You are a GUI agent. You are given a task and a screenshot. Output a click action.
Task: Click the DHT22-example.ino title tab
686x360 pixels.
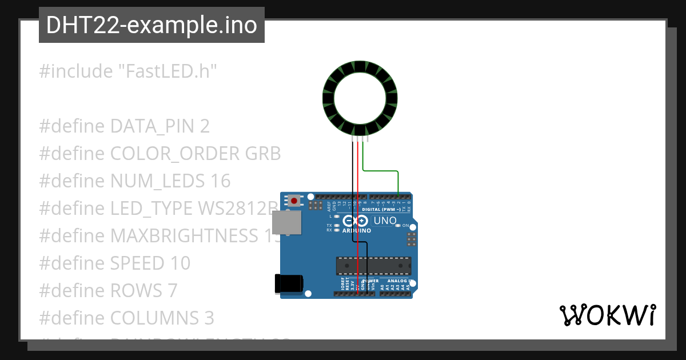point(151,25)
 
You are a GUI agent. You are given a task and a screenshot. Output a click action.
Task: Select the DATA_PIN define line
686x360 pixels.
point(125,126)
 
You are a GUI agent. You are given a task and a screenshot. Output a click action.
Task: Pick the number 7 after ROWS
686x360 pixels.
point(173,291)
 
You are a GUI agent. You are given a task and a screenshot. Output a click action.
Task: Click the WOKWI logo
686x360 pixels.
point(608,315)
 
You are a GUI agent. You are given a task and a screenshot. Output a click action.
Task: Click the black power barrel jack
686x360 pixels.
point(289,284)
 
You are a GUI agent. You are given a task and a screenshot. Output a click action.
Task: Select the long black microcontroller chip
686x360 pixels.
point(373,266)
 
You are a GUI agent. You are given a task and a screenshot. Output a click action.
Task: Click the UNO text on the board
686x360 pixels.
point(385,221)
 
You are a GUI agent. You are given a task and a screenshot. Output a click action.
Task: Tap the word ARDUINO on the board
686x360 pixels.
point(357,231)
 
